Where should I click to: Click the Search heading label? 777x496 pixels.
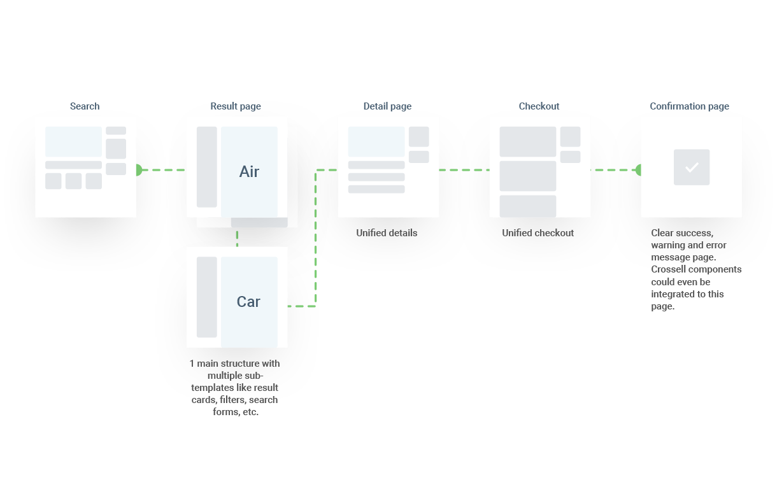[85, 106]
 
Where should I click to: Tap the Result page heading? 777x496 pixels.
[236, 106]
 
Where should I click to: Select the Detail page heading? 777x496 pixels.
[387, 106]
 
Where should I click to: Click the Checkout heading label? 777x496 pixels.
[539, 106]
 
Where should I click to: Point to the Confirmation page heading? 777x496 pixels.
[689, 106]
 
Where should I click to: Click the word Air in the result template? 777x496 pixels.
[249, 172]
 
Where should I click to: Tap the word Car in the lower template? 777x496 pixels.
[248, 302]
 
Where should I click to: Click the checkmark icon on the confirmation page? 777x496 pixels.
[692, 167]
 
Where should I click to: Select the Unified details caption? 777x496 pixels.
[387, 233]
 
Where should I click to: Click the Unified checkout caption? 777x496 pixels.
[538, 233]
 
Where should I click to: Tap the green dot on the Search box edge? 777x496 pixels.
[137, 170]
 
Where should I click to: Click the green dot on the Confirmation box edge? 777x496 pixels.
[640, 170]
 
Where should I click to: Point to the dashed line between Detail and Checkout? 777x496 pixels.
[464, 170]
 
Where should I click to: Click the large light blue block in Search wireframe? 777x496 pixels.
[73, 141]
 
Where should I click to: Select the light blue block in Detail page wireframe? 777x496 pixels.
[376, 141]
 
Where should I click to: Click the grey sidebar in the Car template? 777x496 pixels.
[206, 297]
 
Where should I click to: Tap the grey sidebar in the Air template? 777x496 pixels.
[206, 167]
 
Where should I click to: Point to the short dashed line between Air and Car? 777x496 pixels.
[237, 237]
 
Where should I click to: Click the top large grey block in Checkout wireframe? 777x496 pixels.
[527, 141]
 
